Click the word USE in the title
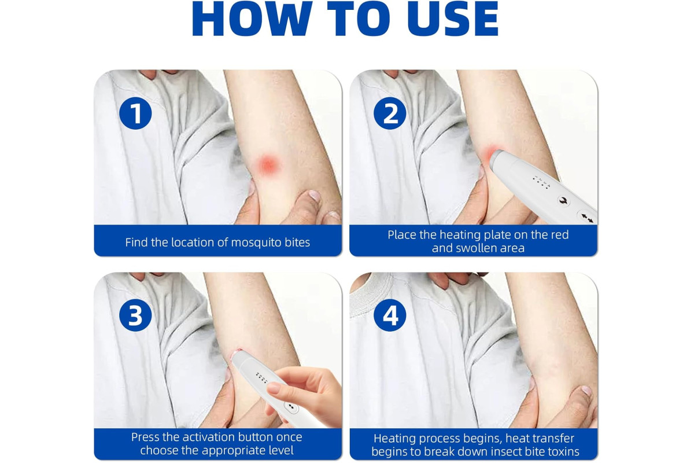(453, 19)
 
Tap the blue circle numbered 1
(135, 113)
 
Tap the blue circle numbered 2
(390, 113)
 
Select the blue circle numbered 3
(135, 315)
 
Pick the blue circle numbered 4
(390, 315)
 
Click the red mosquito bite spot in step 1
(268, 165)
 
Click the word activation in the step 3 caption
(208, 437)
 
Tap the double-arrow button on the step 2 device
(587, 218)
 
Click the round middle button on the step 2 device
(564, 200)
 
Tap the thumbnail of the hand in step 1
(314, 196)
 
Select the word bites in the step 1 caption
(297, 242)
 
